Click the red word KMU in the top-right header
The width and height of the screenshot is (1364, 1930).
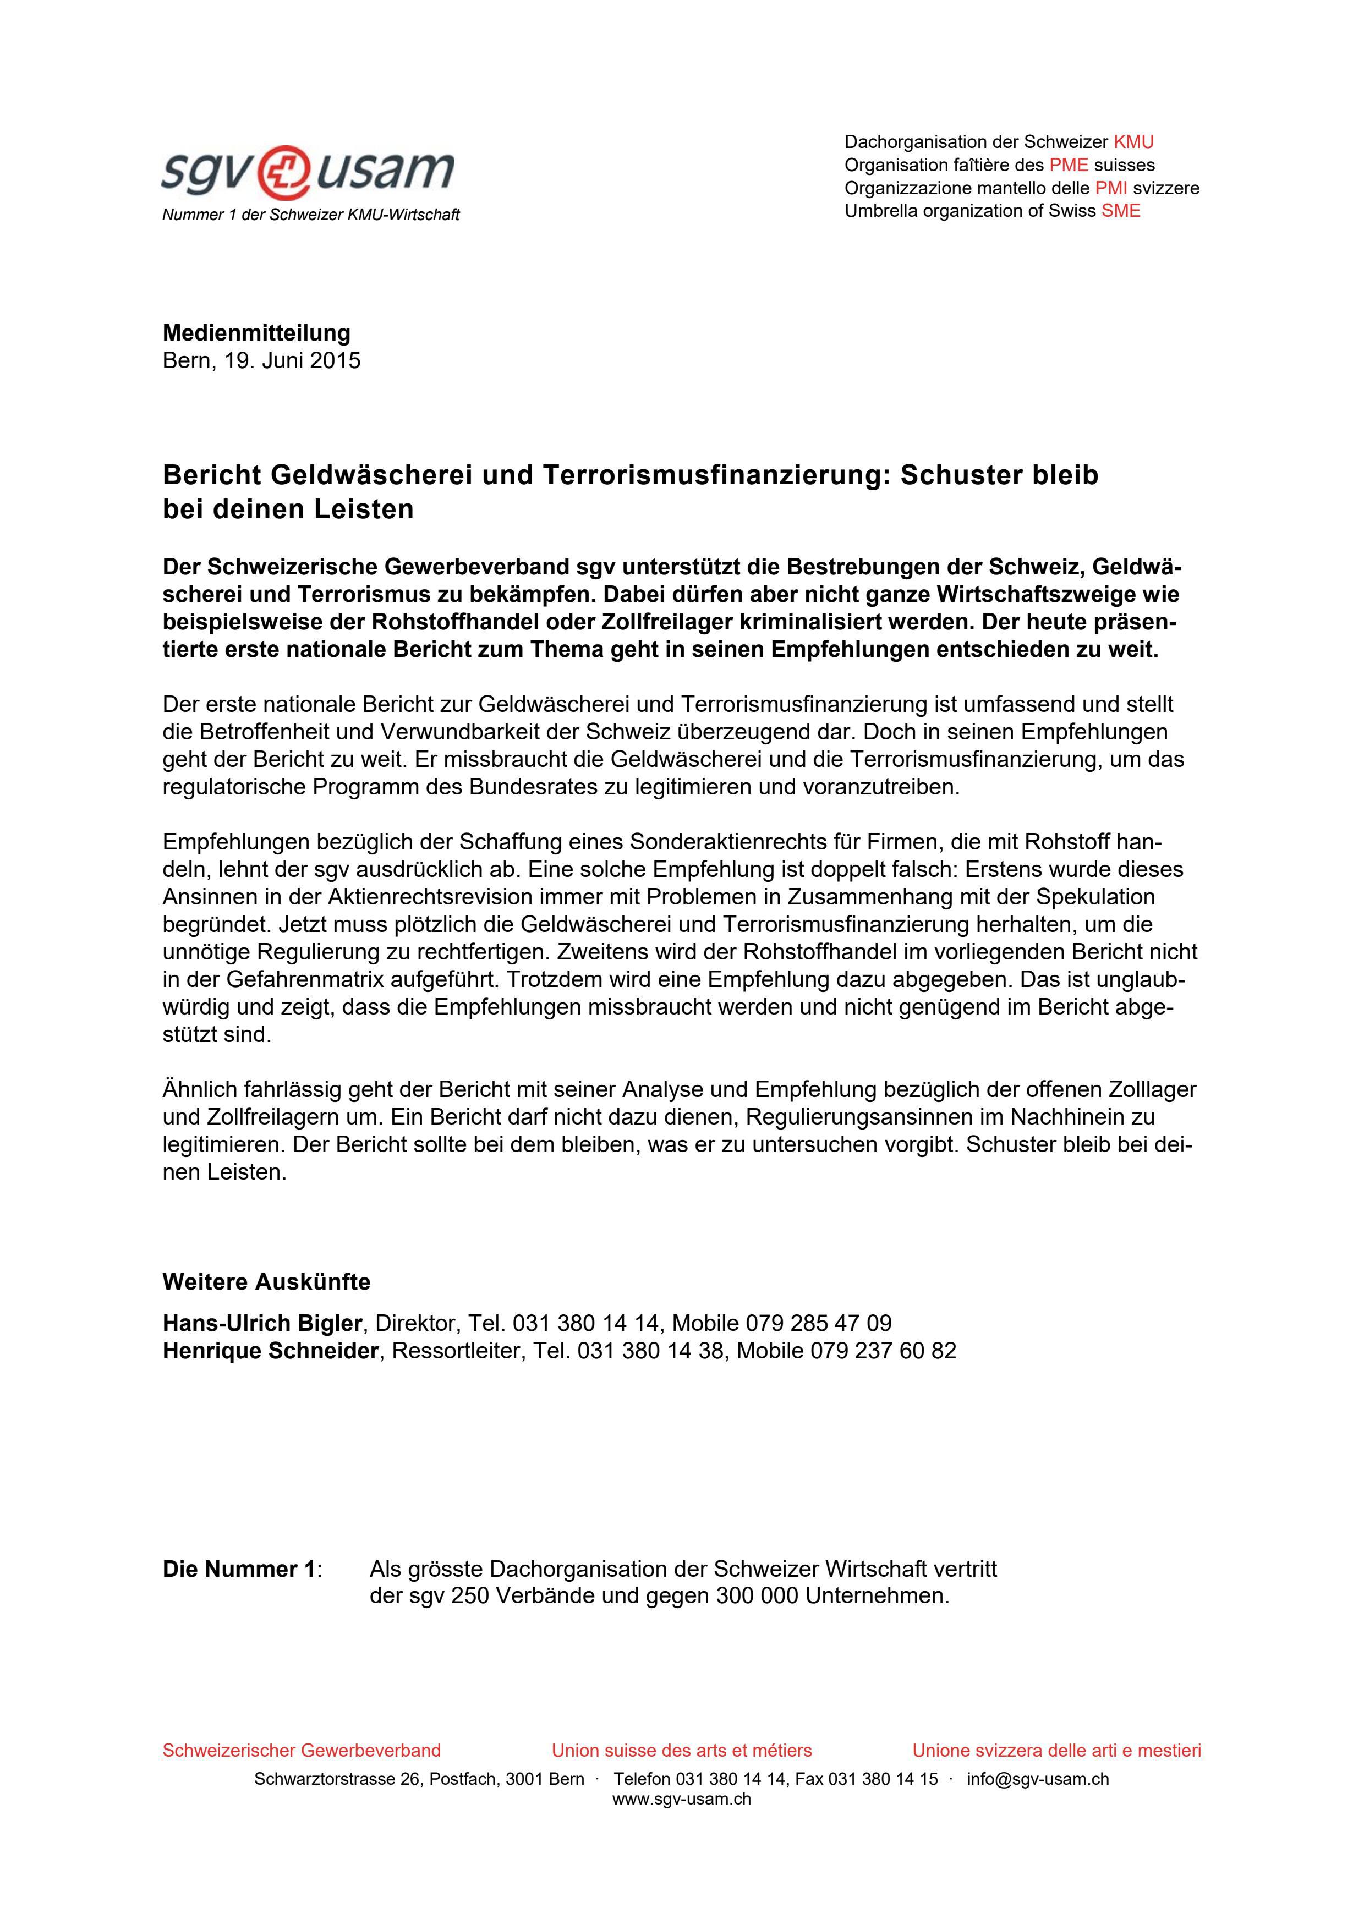(1133, 142)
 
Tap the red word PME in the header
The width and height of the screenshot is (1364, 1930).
(1068, 165)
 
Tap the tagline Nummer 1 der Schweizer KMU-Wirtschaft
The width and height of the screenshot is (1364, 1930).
(310, 215)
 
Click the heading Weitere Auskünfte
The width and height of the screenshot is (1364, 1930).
(266, 1282)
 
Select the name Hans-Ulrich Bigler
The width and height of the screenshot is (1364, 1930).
(262, 1323)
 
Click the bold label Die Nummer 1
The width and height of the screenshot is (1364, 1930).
(239, 1570)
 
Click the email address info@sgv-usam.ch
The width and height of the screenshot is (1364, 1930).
(1038, 1780)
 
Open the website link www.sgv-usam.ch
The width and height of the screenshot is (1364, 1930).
(682, 1800)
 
